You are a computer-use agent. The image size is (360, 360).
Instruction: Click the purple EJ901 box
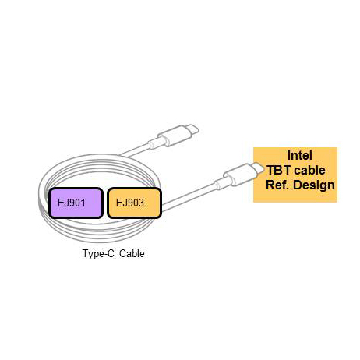76,203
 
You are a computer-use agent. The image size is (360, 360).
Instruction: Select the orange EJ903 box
134,203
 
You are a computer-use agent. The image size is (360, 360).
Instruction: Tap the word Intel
299,155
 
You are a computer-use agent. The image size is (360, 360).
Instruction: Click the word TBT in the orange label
278,170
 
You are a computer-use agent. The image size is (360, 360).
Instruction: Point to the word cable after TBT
309,170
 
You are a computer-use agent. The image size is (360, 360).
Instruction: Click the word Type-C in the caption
98,253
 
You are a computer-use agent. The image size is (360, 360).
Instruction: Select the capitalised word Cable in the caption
132,253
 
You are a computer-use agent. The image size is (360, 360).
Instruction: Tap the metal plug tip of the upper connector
192,129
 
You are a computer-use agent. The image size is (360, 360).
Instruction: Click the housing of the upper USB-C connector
174,136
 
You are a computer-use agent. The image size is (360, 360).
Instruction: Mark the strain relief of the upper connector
156,143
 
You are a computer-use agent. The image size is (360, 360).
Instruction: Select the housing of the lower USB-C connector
239,175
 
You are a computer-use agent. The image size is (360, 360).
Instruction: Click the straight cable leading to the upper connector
135,150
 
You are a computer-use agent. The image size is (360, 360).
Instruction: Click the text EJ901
72,203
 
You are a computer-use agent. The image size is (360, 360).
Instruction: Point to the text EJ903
130,203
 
